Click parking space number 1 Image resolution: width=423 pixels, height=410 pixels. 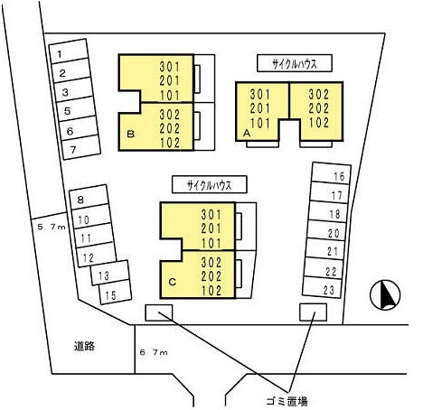click(69, 51)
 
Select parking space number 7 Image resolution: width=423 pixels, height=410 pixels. click(81, 147)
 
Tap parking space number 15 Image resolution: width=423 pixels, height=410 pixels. click(116, 292)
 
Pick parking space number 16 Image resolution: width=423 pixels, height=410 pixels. click(331, 173)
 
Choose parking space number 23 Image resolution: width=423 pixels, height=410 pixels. click(322, 287)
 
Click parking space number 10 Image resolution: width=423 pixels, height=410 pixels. click(91, 217)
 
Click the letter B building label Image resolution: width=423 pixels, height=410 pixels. click(130, 134)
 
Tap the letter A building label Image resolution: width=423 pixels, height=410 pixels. click(247, 133)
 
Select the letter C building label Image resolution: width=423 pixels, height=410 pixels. click(173, 282)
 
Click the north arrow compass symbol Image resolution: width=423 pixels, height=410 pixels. click(385, 295)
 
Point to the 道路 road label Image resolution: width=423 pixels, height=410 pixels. click(84, 346)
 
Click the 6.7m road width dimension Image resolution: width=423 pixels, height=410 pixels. click(154, 352)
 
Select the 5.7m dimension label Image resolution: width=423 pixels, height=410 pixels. click(52, 227)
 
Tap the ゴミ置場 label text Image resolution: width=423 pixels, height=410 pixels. click(287, 401)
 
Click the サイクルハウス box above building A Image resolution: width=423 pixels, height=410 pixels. click(295, 63)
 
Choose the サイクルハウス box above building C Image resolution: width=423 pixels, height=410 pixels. click(210, 184)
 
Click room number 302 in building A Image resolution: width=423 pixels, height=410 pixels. click(319, 95)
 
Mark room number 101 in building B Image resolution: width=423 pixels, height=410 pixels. click(170, 96)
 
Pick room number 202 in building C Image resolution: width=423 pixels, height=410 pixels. click(211, 276)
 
